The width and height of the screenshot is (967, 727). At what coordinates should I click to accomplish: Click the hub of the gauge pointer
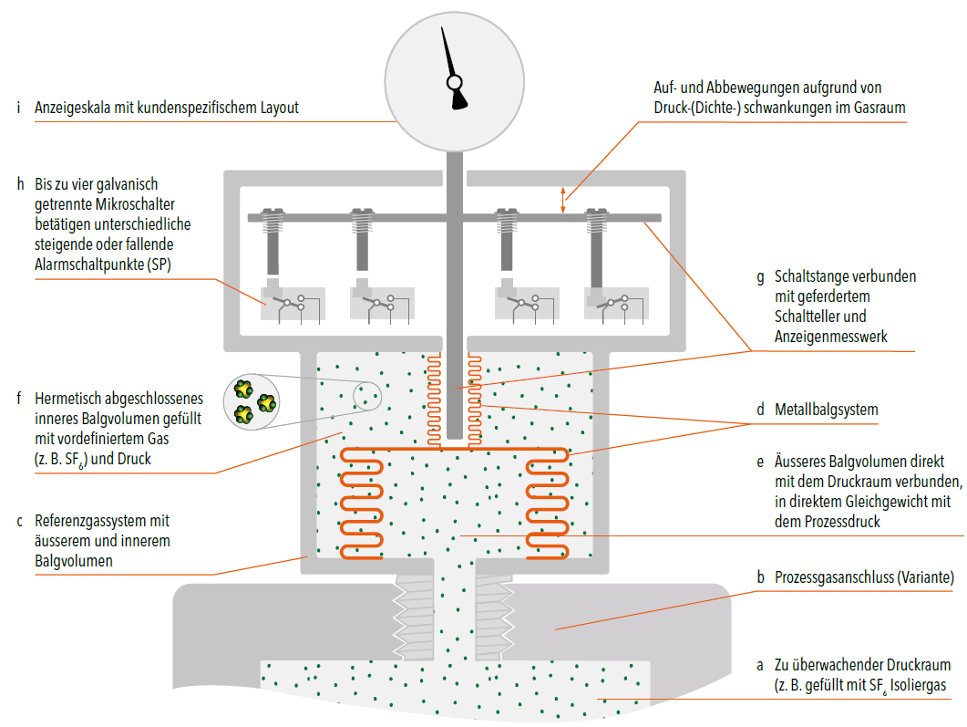pos(455,82)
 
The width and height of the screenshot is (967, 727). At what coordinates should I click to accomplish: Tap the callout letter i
pos(18,108)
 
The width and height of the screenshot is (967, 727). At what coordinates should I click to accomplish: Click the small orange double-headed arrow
pos(562,200)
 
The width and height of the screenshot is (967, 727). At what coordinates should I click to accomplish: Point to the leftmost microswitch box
pos(293,303)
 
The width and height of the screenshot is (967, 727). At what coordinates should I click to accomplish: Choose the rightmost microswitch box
pos(617,303)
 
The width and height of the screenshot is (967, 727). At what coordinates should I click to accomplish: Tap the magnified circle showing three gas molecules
pos(252,401)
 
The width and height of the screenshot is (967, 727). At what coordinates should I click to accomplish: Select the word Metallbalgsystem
pos(827,410)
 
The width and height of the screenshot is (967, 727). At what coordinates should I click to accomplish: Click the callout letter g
pos(760,277)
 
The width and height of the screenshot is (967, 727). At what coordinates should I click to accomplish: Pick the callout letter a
pos(760,666)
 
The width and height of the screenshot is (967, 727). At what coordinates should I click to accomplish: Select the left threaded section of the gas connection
pos(414,618)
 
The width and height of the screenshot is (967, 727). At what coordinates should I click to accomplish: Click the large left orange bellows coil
pos(362,504)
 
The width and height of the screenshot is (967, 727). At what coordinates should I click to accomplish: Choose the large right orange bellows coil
pos(547,504)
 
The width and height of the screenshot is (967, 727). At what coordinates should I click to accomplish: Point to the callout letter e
pos(760,462)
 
